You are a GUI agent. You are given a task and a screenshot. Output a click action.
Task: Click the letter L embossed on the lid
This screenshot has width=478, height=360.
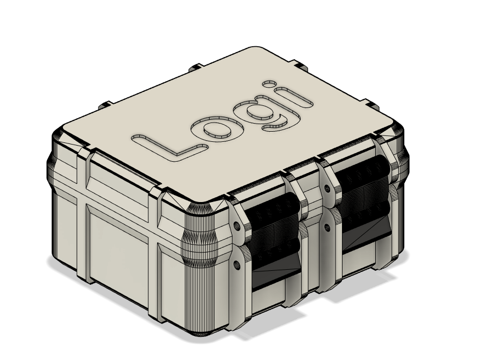[161, 148]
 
